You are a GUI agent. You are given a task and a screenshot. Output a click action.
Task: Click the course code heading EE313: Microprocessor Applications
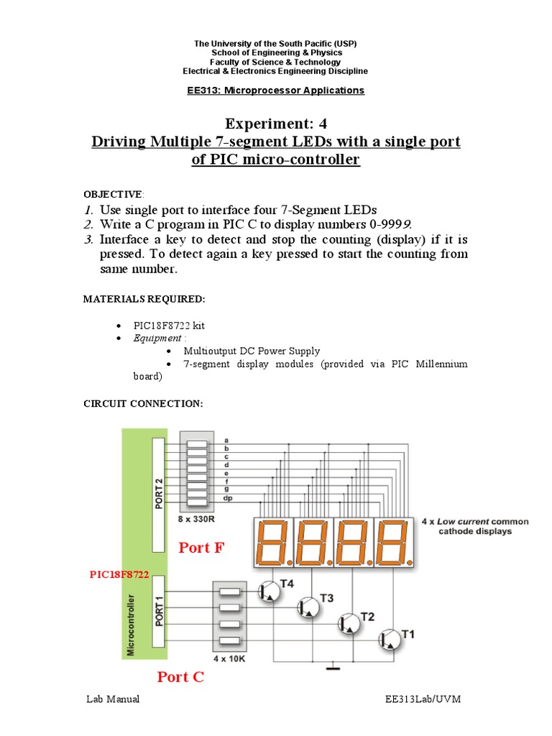coord(275,91)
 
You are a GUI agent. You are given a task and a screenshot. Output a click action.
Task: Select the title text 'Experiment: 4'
coord(275,123)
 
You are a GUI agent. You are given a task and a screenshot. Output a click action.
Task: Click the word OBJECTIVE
coord(113,194)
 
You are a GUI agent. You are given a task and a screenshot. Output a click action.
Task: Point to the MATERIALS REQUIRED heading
coord(144,298)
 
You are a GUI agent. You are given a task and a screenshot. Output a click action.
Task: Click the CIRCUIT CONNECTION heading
coord(143,404)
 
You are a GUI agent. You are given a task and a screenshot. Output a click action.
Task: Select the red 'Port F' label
coord(201,548)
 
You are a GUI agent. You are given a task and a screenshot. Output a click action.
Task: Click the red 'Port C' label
coord(180,677)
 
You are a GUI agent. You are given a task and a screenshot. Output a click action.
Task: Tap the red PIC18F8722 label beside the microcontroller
coord(119,575)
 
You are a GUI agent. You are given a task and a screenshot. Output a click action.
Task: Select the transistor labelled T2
coord(351,624)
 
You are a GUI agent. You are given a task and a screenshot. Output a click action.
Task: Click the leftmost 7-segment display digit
coord(273,542)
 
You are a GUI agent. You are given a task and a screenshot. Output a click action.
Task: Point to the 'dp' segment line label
coord(227,498)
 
